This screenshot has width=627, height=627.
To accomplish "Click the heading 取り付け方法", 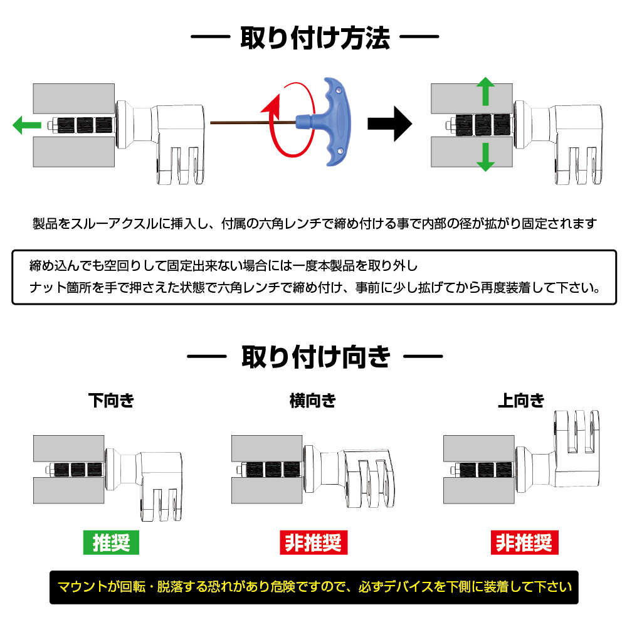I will point(315,39).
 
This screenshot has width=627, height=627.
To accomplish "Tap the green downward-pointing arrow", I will point(484,157).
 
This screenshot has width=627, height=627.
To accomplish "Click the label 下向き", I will point(111,401).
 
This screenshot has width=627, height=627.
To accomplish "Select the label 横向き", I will point(312,401).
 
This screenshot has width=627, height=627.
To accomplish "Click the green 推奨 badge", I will point(111,542).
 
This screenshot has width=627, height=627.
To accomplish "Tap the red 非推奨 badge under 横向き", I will point(312,542).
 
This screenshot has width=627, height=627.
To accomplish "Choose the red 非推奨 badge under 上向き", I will point(524,542).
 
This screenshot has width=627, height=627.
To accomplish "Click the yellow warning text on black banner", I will point(314,587).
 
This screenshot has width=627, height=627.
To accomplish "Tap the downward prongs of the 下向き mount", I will point(163,505).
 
